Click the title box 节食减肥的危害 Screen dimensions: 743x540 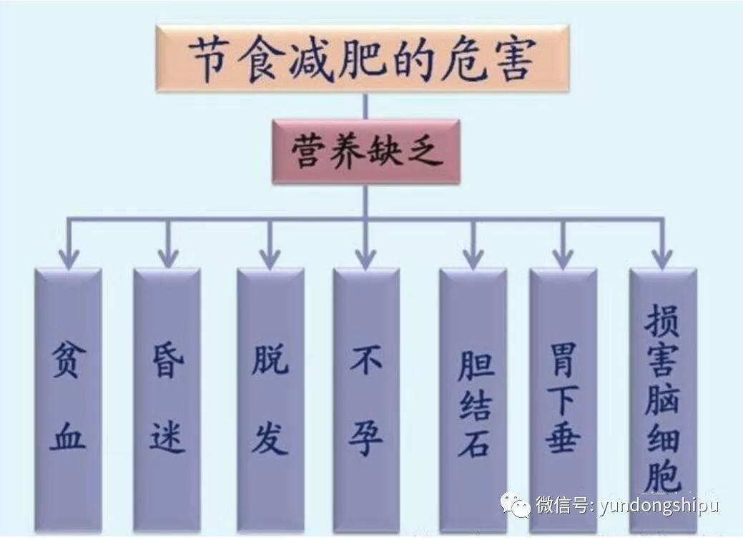point(363,59)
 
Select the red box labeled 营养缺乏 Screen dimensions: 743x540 point(366,152)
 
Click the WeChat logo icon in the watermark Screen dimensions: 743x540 point(516,504)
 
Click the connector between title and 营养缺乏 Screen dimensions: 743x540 point(365,106)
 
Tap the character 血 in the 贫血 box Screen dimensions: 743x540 point(68,436)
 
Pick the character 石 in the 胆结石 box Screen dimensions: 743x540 point(474,442)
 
